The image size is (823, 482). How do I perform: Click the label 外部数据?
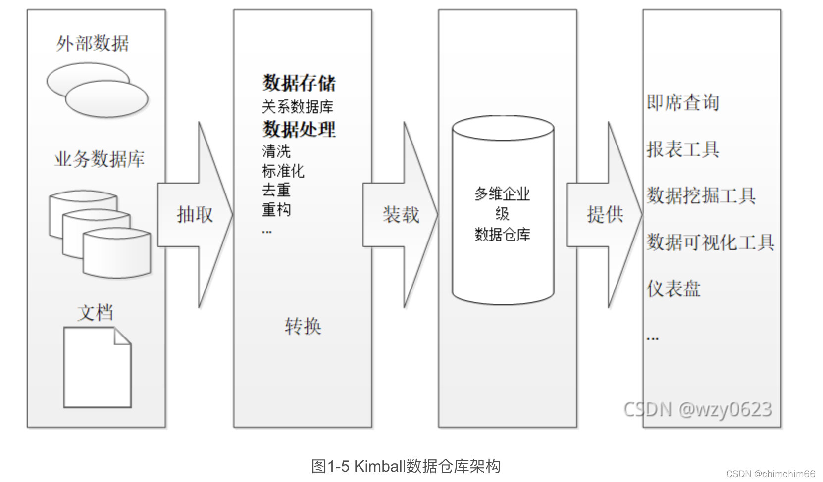point(93,44)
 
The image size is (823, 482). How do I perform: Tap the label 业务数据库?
point(99,159)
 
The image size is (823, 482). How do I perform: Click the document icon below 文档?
point(97,367)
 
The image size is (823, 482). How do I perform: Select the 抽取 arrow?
point(195,215)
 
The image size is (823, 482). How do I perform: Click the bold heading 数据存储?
point(299,83)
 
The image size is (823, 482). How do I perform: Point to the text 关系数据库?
point(298,106)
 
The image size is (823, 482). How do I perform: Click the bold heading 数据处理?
point(299,129)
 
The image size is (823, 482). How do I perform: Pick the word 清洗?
point(276,151)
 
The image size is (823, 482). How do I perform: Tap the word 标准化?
point(283,171)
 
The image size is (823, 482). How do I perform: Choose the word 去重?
point(276,190)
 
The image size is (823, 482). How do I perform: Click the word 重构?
point(276,210)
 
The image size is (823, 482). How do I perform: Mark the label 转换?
point(303,326)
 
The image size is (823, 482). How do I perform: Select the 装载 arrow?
point(401,215)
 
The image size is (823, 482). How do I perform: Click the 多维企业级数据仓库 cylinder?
point(503,213)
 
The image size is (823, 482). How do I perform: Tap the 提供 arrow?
point(605,215)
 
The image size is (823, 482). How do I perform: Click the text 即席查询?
point(683,102)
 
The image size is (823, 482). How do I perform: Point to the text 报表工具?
point(683,149)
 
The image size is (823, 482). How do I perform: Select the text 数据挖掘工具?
point(701,195)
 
